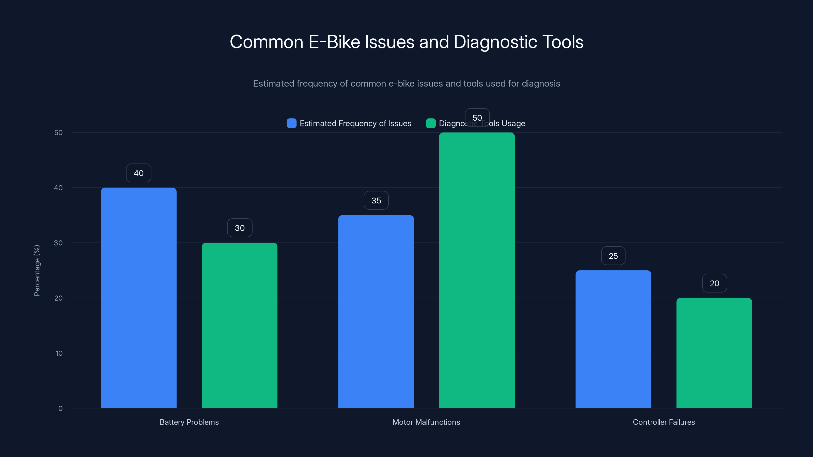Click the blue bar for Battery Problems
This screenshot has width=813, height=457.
(138, 298)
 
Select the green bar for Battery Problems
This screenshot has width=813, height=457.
(240, 325)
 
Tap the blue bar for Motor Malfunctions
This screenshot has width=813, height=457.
(376, 312)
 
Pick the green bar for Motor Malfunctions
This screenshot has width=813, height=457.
(477, 270)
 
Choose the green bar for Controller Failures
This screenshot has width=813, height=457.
(714, 353)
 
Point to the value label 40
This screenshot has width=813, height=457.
(138, 173)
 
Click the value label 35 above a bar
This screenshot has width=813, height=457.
(376, 201)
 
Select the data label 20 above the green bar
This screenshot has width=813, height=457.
(714, 283)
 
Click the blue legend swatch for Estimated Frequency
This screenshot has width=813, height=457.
(291, 123)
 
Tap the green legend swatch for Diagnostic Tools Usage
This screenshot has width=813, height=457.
(430, 123)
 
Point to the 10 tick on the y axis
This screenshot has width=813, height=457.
(59, 353)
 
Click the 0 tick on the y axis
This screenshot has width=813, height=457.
(60, 409)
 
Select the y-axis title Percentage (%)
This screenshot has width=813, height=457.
(37, 270)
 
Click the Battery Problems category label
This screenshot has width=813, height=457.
(189, 422)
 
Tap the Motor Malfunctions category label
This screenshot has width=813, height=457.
(426, 422)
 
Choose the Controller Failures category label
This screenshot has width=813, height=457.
(663, 422)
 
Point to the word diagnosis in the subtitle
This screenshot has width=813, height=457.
(541, 84)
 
